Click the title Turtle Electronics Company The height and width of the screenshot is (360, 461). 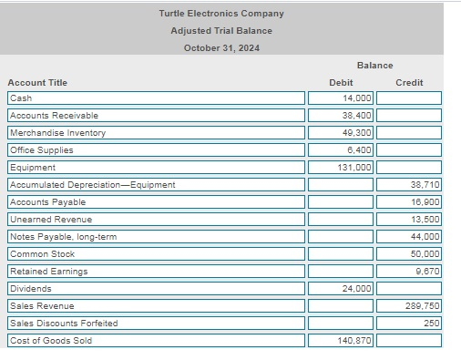[x=220, y=14]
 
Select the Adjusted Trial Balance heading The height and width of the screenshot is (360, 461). [x=220, y=31]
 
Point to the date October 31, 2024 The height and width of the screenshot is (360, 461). [x=220, y=48]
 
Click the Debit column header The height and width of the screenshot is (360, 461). [x=340, y=83]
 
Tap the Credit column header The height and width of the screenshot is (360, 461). [x=409, y=83]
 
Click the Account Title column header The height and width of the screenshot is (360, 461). [x=37, y=83]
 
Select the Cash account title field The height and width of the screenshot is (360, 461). [x=156, y=98]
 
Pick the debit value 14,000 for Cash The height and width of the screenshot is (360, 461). [x=341, y=98]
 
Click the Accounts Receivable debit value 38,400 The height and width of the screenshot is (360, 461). [x=341, y=116]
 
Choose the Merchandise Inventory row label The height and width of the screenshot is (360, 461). [x=156, y=133]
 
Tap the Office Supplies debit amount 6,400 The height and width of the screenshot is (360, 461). [x=341, y=150]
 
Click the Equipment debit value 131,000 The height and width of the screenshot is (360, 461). [x=341, y=168]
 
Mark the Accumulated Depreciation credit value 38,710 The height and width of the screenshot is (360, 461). [x=409, y=185]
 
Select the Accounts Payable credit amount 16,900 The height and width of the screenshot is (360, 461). [x=409, y=202]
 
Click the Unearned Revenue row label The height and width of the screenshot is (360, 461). [x=156, y=220]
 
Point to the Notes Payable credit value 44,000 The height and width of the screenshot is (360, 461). [x=409, y=237]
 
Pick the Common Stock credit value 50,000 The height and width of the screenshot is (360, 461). [x=409, y=254]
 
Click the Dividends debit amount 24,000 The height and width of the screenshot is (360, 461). [x=341, y=289]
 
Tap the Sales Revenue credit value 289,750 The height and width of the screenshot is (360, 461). [x=409, y=306]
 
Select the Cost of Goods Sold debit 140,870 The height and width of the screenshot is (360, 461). [x=341, y=341]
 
